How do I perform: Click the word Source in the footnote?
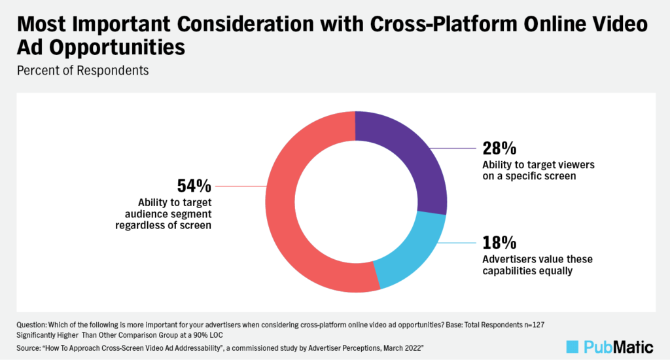pos(27,346)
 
